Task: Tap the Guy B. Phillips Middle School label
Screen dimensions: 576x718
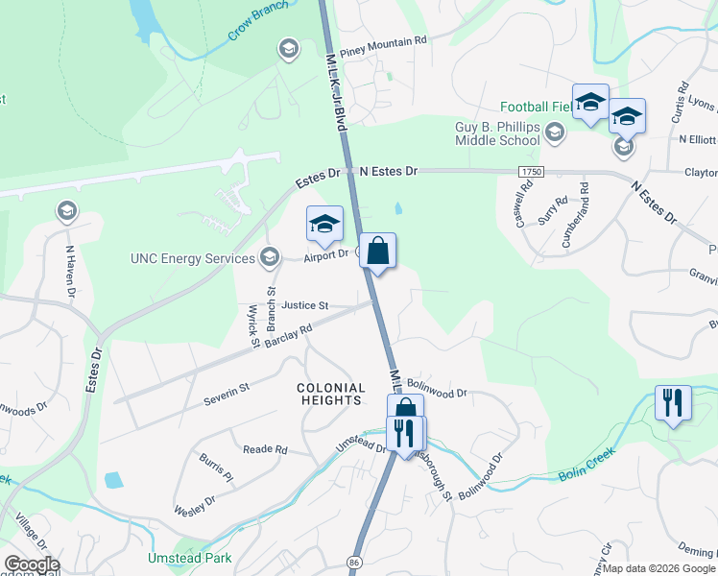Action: click(x=497, y=133)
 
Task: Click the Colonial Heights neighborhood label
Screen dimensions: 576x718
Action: click(x=331, y=395)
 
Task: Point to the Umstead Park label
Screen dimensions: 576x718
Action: click(x=189, y=557)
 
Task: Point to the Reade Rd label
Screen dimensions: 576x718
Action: click(x=265, y=449)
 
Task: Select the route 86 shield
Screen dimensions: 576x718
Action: click(x=355, y=561)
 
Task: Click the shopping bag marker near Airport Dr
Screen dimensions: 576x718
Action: click(x=378, y=252)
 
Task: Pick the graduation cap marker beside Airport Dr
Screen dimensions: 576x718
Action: click(x=324, y=225)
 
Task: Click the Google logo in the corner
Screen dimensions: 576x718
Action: click(x=32, y=564)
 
